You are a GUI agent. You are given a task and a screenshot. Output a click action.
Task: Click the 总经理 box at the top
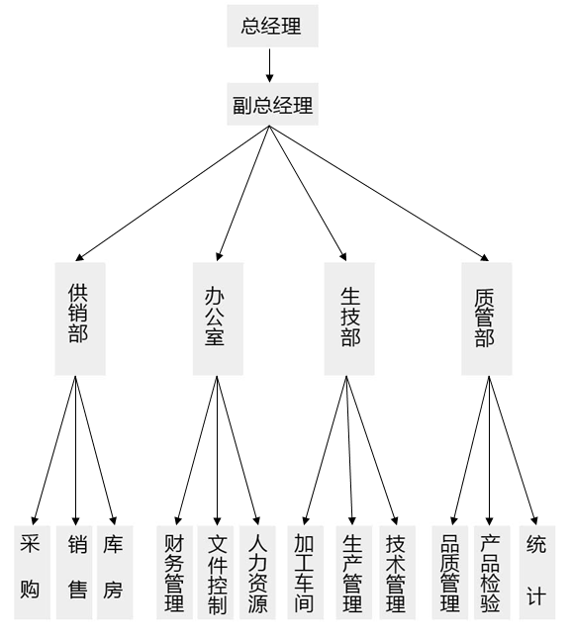pos(272,26)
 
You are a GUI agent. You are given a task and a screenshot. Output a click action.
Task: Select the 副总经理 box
pos(272,104)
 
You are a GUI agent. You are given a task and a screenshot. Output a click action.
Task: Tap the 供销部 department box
pos(80,319)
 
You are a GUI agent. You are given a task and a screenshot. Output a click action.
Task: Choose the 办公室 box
pos(218,319)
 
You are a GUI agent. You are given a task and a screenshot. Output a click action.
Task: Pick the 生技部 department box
pos(349,319)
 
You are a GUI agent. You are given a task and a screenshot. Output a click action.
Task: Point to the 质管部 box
pos(486,319)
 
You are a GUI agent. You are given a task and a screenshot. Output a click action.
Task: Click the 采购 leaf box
pos(33,572)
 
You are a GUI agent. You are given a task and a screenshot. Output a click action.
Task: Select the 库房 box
pos(115,572)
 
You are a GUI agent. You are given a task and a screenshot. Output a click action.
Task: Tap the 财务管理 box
pos(175,572)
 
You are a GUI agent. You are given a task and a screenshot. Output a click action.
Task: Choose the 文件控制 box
pos(216,572)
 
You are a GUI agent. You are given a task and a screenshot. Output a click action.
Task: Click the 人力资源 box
pos(257,572)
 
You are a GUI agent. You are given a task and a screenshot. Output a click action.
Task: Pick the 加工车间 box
pos(305,572)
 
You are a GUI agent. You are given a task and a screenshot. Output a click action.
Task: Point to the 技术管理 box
pos(398,572)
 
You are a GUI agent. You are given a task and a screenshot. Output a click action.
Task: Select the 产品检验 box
pos(492,572)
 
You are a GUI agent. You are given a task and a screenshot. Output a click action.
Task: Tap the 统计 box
pos(537,572)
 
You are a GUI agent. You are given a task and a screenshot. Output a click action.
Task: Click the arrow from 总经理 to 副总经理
pos(269,65)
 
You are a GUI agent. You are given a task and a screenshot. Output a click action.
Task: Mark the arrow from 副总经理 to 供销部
pos(172,193)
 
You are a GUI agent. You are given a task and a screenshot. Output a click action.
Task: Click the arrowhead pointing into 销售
pos(76,520)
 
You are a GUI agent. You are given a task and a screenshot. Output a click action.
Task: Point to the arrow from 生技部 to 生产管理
pos(349,450)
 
